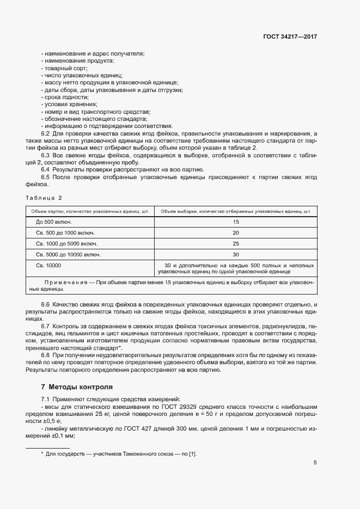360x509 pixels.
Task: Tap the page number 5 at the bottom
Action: coord(315,463)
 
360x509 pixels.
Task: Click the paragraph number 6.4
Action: coord(46,169)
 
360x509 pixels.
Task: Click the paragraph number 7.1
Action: coord(46,399)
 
